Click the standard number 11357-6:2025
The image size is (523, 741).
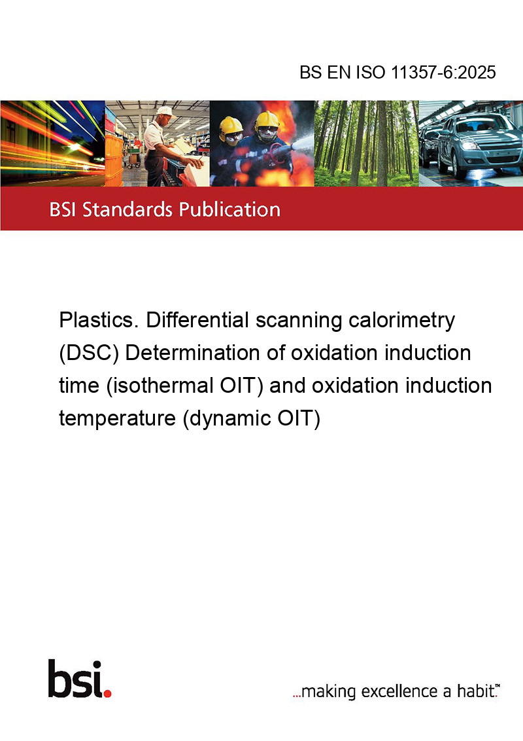pos(443,72)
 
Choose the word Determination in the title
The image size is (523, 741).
pos(205,353)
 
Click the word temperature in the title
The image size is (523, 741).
pos(117,419)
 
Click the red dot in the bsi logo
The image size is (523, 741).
pos(108,693)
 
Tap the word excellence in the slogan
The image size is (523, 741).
pos(399,691)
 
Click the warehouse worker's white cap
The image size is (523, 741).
pos(165,111)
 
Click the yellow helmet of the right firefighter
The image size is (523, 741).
pos(267,120)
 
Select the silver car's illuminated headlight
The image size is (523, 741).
pos(469,145)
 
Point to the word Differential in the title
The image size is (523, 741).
pos(197,320)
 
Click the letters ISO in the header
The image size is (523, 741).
pos(370,72)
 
